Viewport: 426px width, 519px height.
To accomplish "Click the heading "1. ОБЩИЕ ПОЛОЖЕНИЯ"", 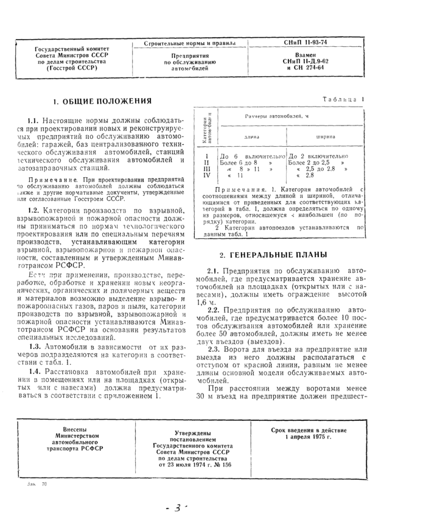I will (x=102, y=101).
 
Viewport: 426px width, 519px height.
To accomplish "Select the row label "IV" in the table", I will (x=206, y=175).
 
